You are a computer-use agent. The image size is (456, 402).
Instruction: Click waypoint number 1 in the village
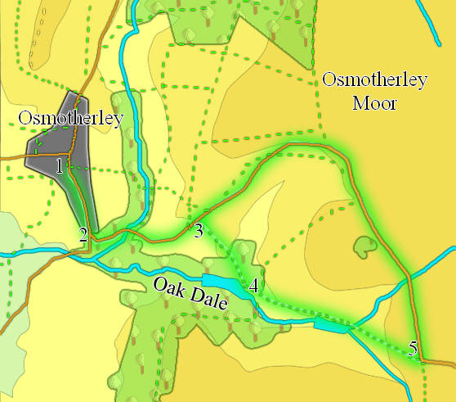59,166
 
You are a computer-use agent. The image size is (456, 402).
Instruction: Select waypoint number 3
199,231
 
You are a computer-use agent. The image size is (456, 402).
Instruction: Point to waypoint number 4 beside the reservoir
254,286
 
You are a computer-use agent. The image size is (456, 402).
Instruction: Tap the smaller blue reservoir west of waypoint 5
329,326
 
